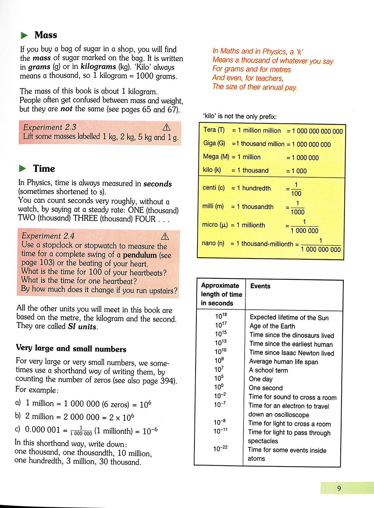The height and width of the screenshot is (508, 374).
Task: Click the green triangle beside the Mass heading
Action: [x=24, y=36]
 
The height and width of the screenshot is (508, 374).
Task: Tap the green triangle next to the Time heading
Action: [x=23, y=169]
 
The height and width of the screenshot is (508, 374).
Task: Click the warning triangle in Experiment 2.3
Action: [x=166, y=127]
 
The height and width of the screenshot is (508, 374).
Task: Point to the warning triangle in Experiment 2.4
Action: [x=165, y=236]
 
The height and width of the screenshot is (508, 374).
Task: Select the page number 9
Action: [x=339, y=488]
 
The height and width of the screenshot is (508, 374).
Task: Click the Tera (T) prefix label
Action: [x=214, y=130]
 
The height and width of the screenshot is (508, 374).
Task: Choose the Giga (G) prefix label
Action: [x=214, y=143]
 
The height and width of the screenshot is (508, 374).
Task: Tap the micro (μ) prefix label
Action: [x=215, y=225]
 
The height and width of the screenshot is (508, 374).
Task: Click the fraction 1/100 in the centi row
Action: [x=296, y=189]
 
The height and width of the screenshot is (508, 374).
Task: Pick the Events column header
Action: [x=260, y=286]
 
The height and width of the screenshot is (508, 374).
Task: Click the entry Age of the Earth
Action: [x=272, y=326]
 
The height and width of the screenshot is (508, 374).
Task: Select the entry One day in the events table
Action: [x=261, y=379]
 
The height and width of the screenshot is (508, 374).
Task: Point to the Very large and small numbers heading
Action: [x=71, y=348]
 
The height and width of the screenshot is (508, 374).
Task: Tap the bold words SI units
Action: [x=82, y=327]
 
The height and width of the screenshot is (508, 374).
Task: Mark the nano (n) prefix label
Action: [x=213, y=243]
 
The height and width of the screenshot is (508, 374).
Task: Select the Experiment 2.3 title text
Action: [x=50, y=127]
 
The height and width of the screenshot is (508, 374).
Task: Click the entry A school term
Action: [x=269, y=370]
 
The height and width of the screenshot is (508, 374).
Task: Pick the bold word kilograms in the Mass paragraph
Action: [x=98, y=67]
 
